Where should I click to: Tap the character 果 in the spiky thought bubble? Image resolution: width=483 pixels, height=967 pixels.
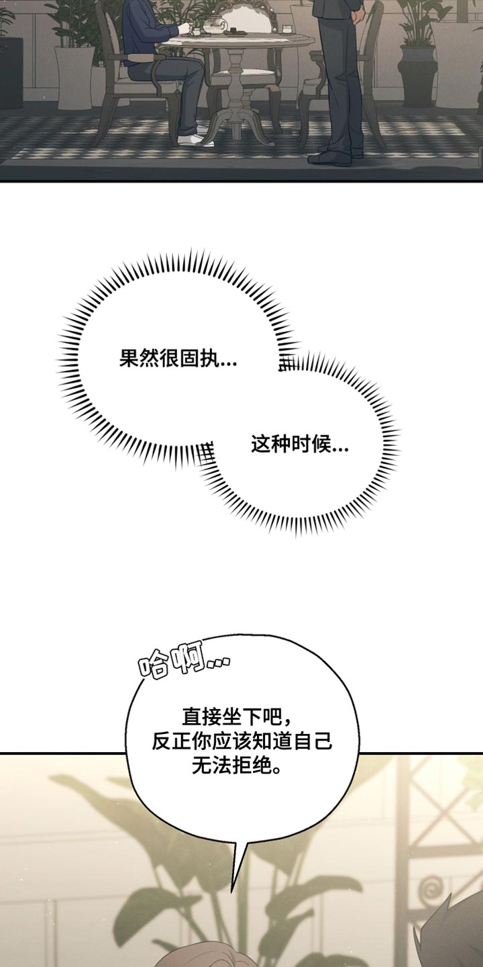[129, 359]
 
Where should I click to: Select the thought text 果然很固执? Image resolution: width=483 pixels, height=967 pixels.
[178, 359]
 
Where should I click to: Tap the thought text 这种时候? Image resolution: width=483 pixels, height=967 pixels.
[300, 445]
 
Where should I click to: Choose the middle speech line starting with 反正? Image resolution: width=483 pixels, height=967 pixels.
[241, 742]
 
